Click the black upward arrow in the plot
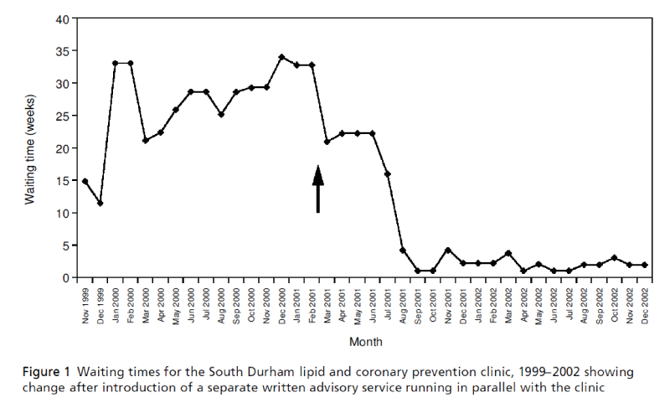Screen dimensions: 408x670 coord(317,188)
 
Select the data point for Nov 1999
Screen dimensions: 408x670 coord(85,181)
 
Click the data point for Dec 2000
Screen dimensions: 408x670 coord(281,57)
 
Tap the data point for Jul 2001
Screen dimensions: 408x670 coord(387,173)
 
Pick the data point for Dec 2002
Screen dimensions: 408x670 coord(644,265)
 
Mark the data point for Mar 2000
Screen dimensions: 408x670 coord(145,140)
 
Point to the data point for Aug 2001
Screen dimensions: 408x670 coord(403,250)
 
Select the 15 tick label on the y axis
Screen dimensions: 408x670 coord(64,181)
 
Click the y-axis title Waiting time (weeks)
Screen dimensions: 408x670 coord(29,147)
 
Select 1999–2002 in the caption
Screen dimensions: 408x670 coord(483,371)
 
